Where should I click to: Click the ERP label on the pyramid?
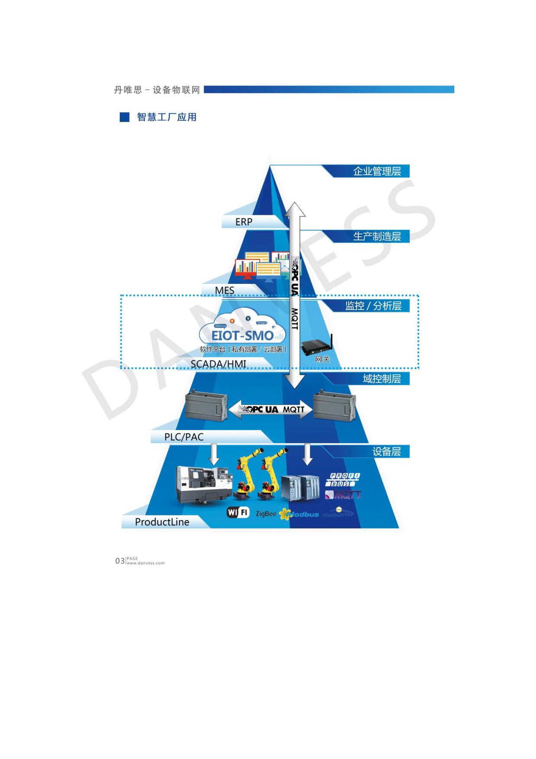pyautogui.click(x=244, y=222)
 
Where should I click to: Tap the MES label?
pyautogui.click(x=225, y=290)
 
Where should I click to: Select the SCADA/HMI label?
pyautogui.click(x=218, y=364)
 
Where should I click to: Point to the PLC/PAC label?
pyautogui.click(x=184, y=437)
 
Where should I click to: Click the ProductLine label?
pyautogui.click(x=162, y=522)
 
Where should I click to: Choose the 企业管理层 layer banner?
pyautogui.click(x=376, y=171)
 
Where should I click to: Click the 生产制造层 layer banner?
pyautogui.click(x=376, y=236)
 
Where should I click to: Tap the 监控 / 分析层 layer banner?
pyautogui.click(x=373, y=306)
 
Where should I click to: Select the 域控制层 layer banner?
pyautogui.click(x=381, y=379)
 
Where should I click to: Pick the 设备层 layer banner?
pyautogui.click(x=386, y=452)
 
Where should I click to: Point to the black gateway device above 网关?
pyautogui.click(x=316, y=346)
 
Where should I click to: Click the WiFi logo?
pyautogui.click(x=238, y=512)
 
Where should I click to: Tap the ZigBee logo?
pyautogui.click(x=266, y=514)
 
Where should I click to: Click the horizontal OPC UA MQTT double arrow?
pyautogui.click(x=271, y=409)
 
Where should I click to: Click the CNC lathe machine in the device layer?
pyautogui.click(x=204, y=485)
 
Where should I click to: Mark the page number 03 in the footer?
pyautogui.click(x=120, y=561)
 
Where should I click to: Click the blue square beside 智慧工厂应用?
pyautogui.click(x=124, y=117)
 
